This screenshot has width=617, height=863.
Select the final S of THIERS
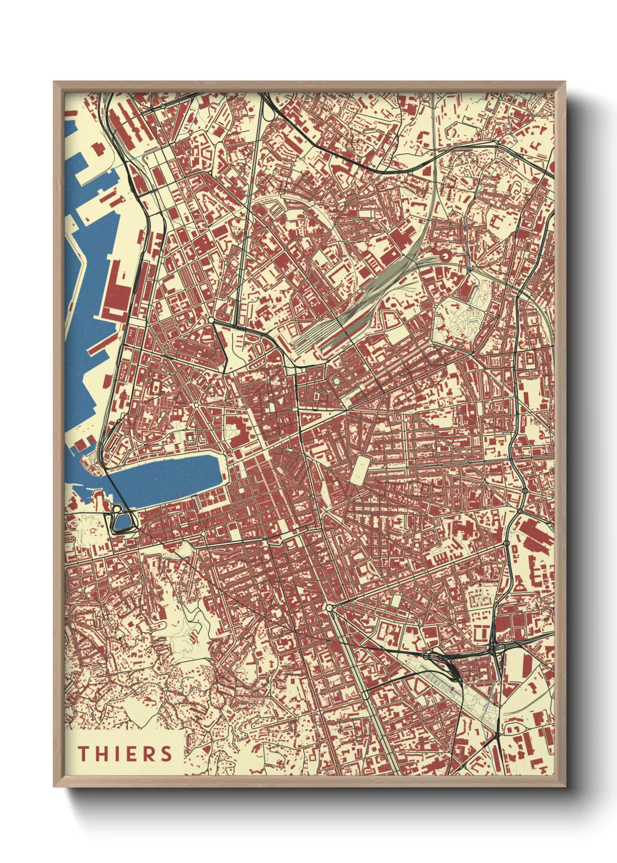[167, 754]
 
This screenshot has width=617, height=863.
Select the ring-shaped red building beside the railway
[446, 254]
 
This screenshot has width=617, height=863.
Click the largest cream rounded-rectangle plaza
[360, 469]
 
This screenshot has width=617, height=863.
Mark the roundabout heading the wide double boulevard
[330, 608]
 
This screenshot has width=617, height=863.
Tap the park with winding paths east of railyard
[461, 318]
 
